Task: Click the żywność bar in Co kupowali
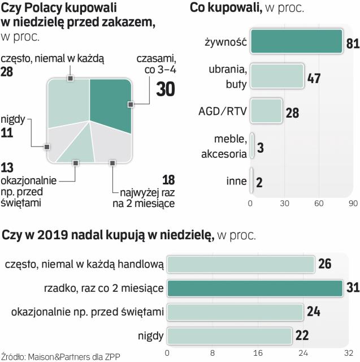(296, 43)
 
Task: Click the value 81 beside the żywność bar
(353, 45)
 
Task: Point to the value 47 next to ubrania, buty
(314, 79)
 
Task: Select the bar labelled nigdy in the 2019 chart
(230, 336)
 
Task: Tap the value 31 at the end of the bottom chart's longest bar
(353, 288)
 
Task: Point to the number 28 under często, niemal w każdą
(7, 72)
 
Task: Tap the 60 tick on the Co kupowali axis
(319, 203)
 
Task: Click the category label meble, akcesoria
(229, 146)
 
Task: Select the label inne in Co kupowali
(236, 181)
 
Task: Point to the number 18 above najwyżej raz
(168, 180)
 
